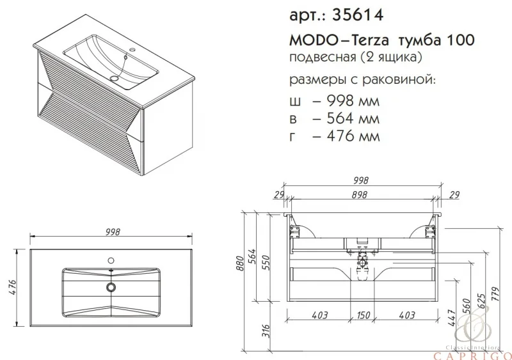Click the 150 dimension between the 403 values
pyautogui.click(x=364, y=315)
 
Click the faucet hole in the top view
pyautogui.click(x=111, y=261)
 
